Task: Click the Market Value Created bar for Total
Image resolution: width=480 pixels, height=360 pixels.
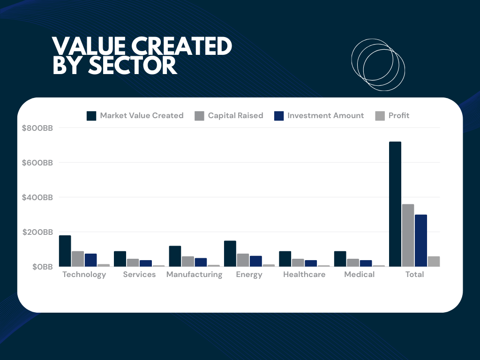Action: (395, 204)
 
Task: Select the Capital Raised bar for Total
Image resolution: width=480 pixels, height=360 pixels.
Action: (408, 235)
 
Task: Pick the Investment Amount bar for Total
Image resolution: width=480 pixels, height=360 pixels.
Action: (421, 240)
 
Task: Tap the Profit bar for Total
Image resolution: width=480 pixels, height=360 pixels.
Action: (434, 262)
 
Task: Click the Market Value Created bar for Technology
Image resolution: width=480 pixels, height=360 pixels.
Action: (65, 251)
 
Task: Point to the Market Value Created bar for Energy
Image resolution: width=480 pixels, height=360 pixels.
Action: (230, 254)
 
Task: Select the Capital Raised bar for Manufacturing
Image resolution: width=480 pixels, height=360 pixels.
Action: (188, 262)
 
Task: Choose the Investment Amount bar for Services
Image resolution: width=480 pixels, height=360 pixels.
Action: (146, 263)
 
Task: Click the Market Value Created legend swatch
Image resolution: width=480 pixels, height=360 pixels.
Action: (91, 116)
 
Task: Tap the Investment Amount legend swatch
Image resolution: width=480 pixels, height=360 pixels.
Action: (279, 116)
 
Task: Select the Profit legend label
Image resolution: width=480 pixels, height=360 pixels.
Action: (399, 116)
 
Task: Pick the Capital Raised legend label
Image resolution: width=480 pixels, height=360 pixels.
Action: (235, 116)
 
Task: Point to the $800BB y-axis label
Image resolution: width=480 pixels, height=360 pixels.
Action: (37, 128)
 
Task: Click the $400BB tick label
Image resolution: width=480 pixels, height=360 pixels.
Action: (37, 197)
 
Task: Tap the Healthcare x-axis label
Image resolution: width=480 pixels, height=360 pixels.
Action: (304, 275)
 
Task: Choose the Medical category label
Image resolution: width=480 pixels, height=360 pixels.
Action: (359, 275)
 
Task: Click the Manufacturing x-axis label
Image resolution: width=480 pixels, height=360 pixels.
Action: (194, 275)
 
